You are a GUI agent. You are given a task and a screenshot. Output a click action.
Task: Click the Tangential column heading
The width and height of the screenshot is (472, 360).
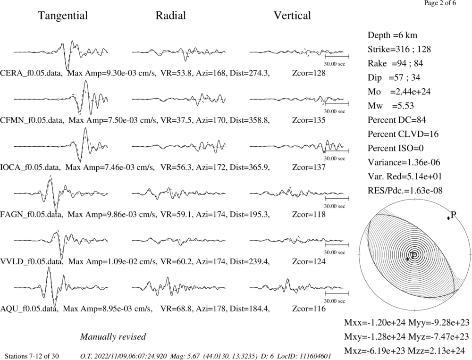click(x=63, y=16)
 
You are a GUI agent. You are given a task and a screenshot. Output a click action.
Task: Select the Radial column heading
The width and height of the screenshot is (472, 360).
click(x=171, y=16)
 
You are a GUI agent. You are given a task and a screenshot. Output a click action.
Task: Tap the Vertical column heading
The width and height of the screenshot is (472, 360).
click(x=292, y=16)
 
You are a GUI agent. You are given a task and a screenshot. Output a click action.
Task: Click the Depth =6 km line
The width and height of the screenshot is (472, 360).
click(x=392, y=35)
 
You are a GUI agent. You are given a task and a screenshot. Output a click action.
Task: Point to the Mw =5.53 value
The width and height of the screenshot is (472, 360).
click(x=391, y=106)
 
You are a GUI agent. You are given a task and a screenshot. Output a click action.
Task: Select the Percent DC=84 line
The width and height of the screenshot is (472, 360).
click(x=397, y=120)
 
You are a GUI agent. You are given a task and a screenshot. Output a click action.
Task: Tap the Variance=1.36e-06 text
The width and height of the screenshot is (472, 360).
click(x=404, y=162)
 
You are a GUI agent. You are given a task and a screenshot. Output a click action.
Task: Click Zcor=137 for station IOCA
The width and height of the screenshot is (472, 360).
click(x=309, y=167)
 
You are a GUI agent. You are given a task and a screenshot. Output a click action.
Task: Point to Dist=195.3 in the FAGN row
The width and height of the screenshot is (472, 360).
click(x=250, y=215)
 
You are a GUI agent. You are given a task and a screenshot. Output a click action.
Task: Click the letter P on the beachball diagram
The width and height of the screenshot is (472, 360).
click(x=454, y=215)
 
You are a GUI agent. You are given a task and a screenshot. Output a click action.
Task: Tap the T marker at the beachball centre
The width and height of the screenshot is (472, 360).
click(x=414, y=255)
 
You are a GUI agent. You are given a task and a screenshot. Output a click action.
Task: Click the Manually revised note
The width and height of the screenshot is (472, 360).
click(x=113, y=336)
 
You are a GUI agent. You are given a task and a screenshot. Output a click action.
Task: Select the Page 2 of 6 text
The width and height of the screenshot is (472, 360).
click(x=440, y=3)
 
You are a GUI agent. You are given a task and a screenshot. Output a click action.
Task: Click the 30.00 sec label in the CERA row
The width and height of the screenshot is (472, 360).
click(x=335, y=64)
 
